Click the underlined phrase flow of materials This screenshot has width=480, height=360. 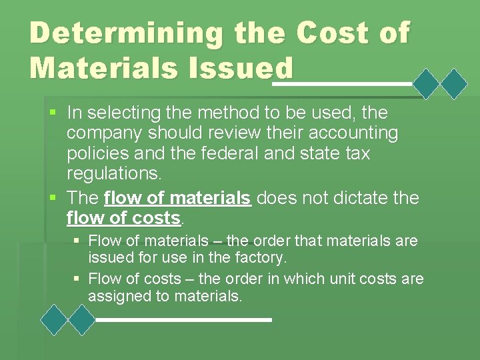(x=178, y=198)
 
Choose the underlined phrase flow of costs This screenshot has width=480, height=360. (x=124, y=218)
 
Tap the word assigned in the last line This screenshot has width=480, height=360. (x=117, y=296)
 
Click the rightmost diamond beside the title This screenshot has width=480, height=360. (x=455, y=84)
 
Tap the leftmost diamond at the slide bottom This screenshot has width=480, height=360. (x=55, y=320)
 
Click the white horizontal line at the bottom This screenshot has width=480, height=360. (x=184, y=320)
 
